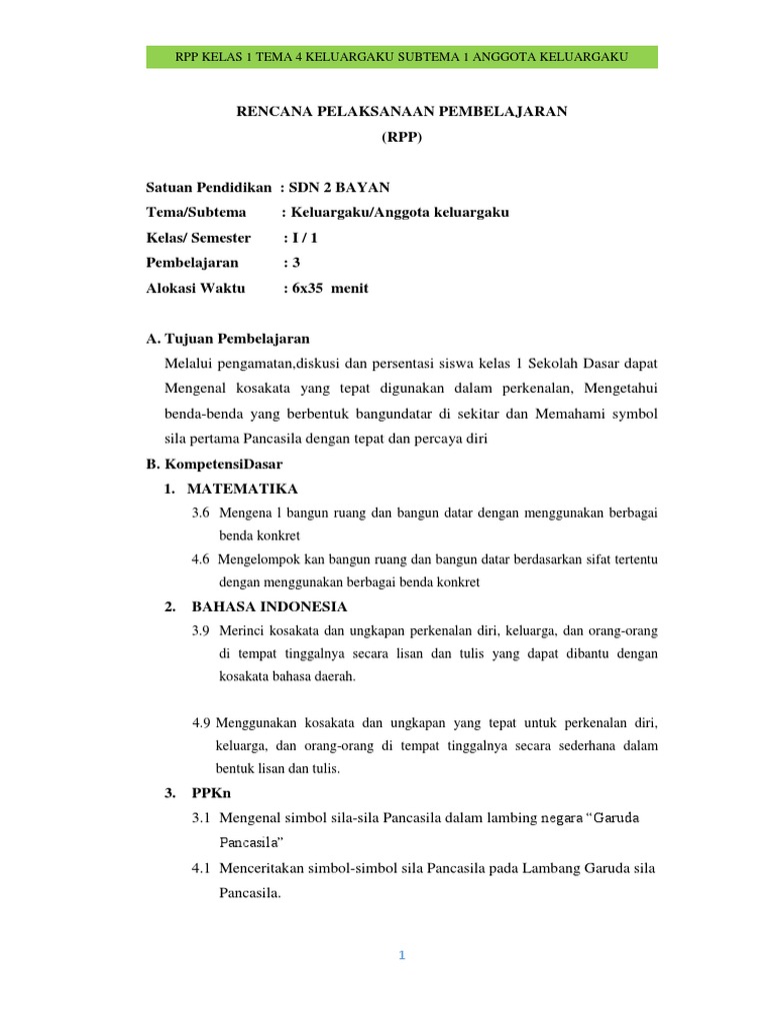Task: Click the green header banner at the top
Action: coord(401,57)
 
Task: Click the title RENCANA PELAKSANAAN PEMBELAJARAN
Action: coord(401,112)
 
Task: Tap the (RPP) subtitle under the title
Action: coord(401,138)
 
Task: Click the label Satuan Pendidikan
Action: coord(209,188)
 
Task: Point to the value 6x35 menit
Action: coord(329,289)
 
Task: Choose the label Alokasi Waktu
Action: coord(195,289)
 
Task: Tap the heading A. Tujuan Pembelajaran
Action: coord(228,339)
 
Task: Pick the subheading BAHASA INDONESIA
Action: coord(269,606)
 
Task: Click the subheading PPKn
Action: coord(211,793)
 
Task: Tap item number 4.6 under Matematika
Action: coord(201,559)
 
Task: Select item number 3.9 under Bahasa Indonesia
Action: coord(201,631)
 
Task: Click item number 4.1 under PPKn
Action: coord(202,869)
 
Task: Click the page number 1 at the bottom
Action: coord(401,956)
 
